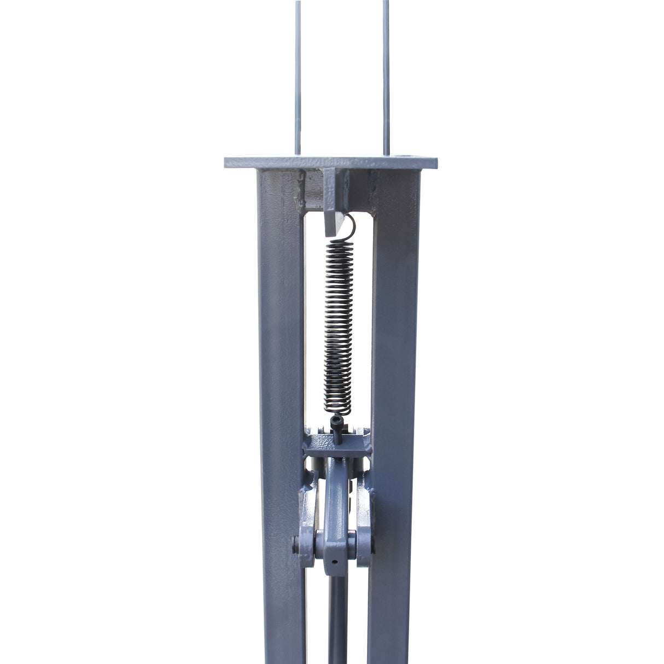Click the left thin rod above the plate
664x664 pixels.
coord(298,82)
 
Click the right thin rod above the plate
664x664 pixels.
coord(386,82)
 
